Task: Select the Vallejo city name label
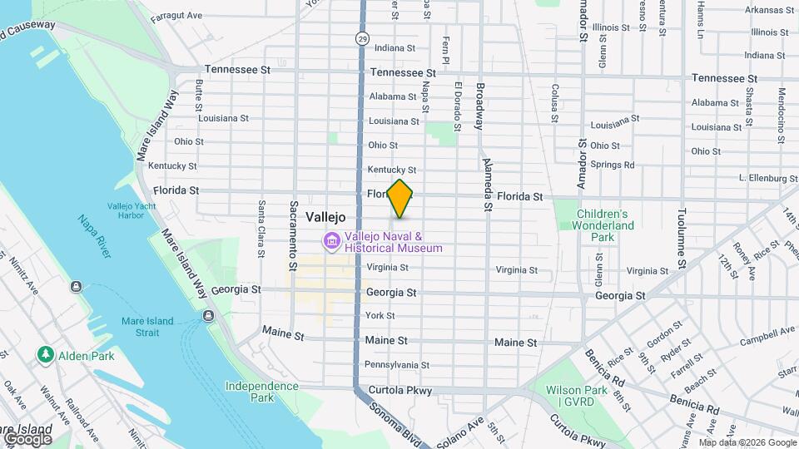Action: pos(325,216)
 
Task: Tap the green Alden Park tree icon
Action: pos(45,355)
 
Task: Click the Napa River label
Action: pos(94,235)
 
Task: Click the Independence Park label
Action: pos(261,392)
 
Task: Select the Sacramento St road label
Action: pos(294,235)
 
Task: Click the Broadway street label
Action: pos(479,106)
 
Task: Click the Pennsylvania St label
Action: pos(397,365)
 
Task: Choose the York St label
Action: pos(380,316)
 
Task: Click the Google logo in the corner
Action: pos(27,438)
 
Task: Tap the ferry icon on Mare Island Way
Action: pos(207,315)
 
